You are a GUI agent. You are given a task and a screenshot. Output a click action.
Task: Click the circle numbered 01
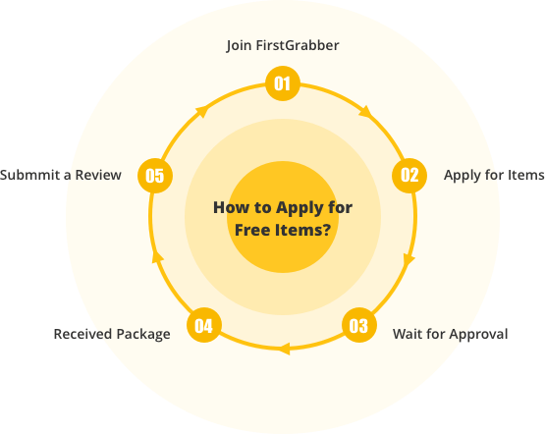[x=283, y=83]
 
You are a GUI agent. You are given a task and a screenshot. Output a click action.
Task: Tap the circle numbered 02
[x=409, y=176]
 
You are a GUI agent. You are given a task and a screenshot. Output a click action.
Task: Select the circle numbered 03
[x=359, y=325]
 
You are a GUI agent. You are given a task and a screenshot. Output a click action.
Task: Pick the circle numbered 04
[x=204, y=325]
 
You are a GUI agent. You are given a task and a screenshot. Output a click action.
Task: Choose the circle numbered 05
[x=155, y=176]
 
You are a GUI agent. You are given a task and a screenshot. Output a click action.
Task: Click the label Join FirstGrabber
[x=283, y=45]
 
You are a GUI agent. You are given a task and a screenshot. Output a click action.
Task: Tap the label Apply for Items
[x=494, y=175]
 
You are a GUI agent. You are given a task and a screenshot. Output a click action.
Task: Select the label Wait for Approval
[x=450, y=334]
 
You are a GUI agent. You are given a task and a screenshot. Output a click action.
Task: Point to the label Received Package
[x=112, y=334]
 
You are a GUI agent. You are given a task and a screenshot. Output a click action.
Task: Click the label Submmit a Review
[x=61, y=175]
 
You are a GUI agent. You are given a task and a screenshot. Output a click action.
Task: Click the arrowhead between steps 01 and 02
[x=365, y=112]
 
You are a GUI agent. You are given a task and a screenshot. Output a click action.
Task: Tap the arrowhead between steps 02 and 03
[x=409, y=260]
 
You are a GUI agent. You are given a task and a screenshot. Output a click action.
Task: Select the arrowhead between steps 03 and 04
[x=285, y=349]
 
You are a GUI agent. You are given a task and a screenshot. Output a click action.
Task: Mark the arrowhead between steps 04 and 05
[x=157, y=256]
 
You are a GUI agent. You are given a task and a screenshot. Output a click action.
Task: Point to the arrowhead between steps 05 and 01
[x=202, y=112]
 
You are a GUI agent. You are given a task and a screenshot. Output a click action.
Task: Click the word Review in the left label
[x=98, y=175]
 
